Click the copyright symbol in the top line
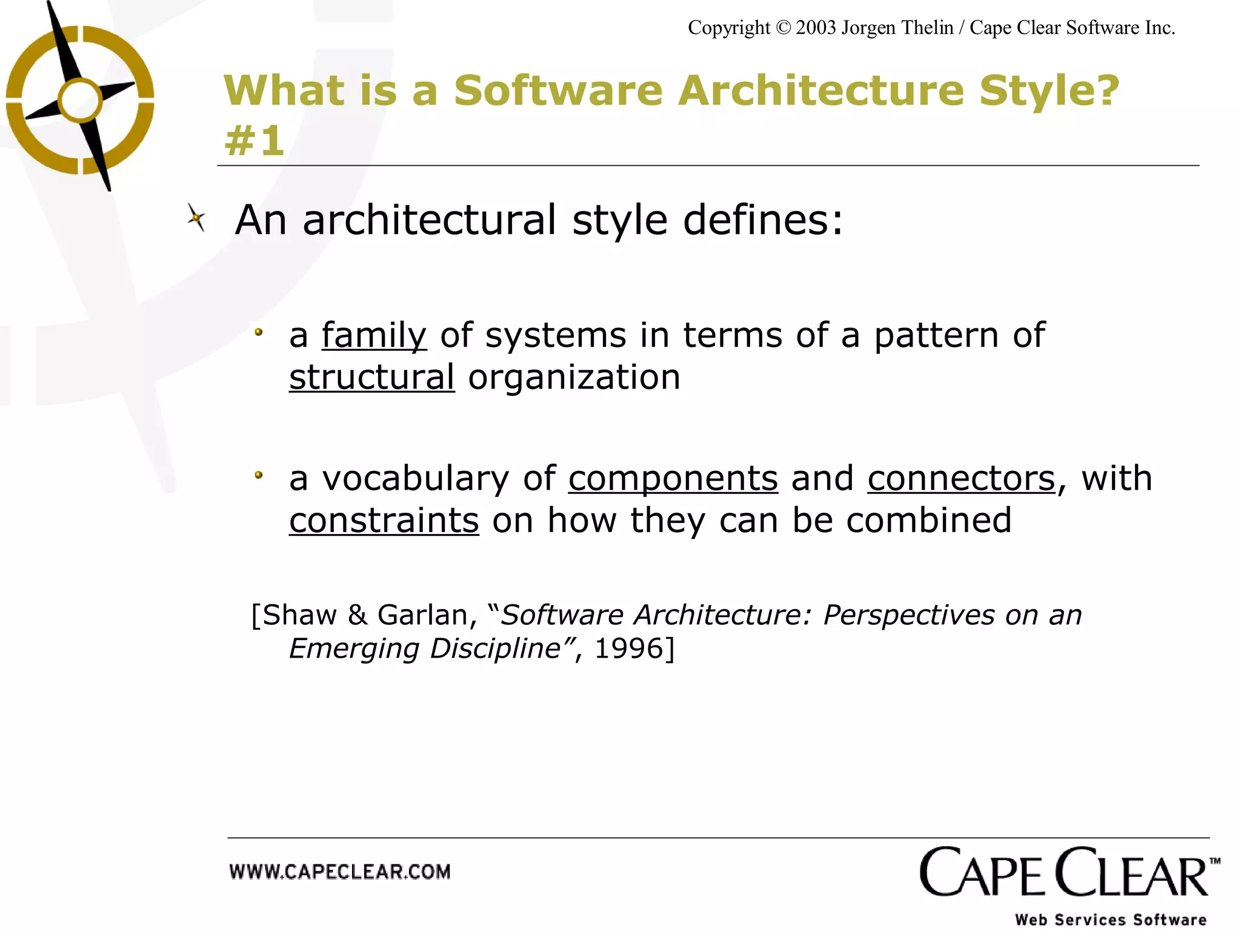pyautogui.click(x=783, y=28)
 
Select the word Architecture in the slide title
pyautogui.click(x=820, y=91)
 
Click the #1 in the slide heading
pyautogui.click(x=254, y=141)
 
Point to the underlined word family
pyautogui.click(x=374, y=335)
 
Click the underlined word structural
pyautogui.click(x=371, y=377)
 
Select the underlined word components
pyautogui.click(x=673, y=478)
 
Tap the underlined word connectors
pyautogui.click(x=961, y=478)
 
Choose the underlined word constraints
pyautogui.click(x=384, y=520)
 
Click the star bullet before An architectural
pyautogui.click(x=196, y=218)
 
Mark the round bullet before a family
pyautogui.click(x=259, y=332)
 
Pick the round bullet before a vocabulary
pyautogui.click(x=259, y=475)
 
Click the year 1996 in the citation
pyautogui.click(x=629, y=649)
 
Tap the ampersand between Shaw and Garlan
pyautogui.click(x=358, y=615)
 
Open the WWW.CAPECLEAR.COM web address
pyautogui.click(x=340, y=872)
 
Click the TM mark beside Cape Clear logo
pyautogui.click(x=1214, y=861)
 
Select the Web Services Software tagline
pyautogui.click(x=1110, y=919)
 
